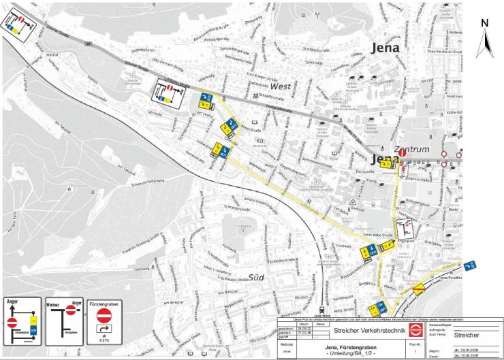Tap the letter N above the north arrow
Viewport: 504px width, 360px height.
point(485,22)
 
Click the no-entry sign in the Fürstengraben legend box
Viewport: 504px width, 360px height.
point(104,316)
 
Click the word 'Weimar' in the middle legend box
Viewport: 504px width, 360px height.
point(52,302)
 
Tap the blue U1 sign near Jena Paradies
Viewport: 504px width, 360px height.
point(469,265)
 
